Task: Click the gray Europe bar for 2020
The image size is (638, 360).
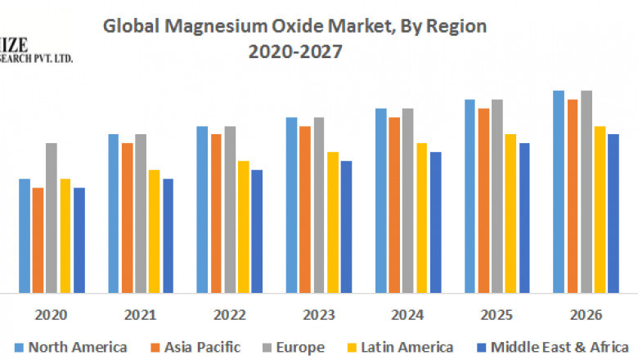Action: tap(52, 218)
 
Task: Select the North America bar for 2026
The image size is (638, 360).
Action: tap(559, 191)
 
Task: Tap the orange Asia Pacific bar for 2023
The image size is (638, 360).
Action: tap(305, 209)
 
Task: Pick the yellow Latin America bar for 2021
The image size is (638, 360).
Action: tap(154, 231)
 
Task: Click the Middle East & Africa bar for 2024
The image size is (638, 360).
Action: tap(435, 222)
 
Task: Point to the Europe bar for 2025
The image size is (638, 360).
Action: tap(497, 196)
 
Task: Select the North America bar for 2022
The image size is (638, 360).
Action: tap(202, 209)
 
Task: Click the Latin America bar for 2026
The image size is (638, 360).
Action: tap(600, 209)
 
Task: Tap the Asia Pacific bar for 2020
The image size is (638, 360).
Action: tap(38, 240)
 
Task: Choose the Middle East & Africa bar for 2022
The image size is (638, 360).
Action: tap(257, 231)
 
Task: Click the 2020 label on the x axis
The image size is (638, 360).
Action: tap(52, 315)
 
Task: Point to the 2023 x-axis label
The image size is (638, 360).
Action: tap(318, 315)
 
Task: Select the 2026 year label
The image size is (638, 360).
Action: tap(585, 315)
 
